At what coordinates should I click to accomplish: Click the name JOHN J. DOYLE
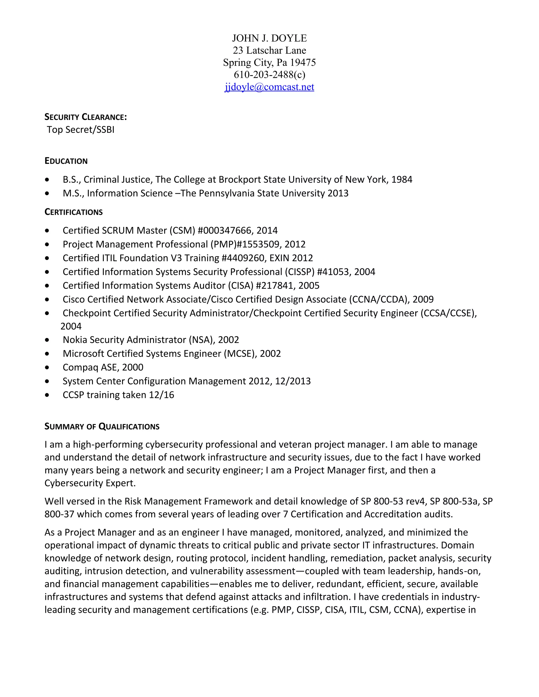269,38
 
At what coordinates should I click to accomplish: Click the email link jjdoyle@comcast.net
269,87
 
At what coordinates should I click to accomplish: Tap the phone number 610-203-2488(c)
269,75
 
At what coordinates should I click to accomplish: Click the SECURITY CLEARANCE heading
86,117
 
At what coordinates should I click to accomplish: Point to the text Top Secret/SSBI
81,130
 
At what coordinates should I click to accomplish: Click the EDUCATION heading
66,161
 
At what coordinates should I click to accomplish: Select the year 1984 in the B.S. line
402,179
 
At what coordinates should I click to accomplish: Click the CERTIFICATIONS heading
73,212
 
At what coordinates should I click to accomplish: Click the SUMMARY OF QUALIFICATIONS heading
102,427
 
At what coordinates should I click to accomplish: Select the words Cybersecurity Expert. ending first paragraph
90,483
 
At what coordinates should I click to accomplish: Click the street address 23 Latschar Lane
269,50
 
